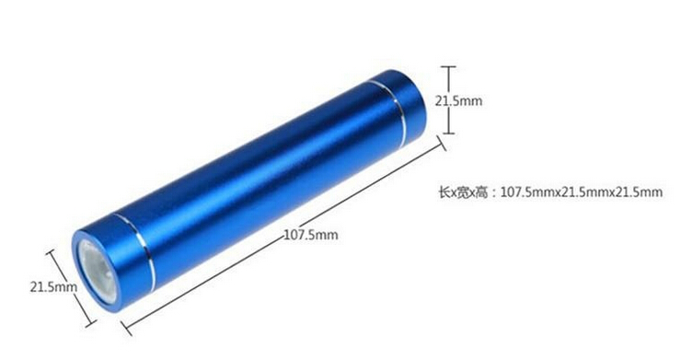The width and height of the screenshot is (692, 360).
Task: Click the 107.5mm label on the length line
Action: [x=311, y=234]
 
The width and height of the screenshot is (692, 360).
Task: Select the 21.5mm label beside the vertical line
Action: [x=459, y=100]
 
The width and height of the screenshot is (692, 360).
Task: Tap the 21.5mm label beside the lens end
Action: [x=53, y=286]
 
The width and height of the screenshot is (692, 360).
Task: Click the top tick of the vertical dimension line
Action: [x=448, y=66]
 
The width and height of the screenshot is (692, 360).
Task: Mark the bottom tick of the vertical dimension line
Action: [x=448, y=132]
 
